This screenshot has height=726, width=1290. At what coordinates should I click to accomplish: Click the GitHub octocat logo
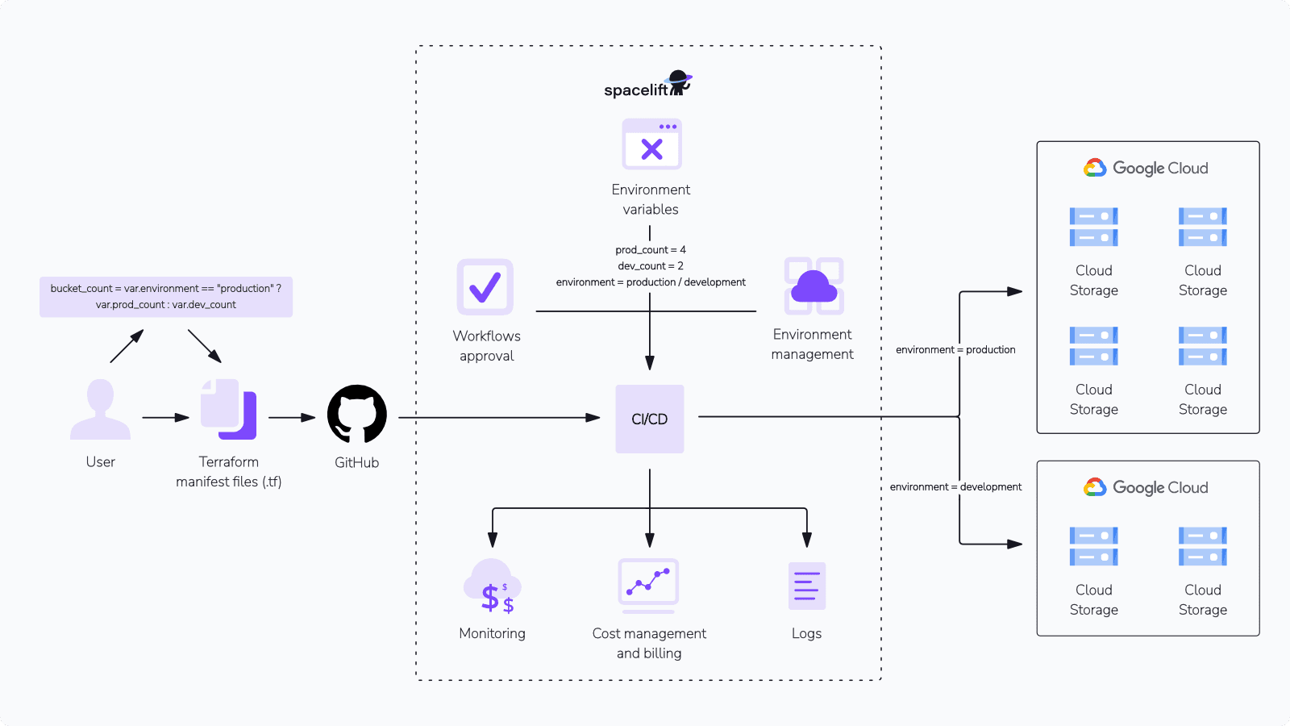pyautogui.click(x=356, y=414)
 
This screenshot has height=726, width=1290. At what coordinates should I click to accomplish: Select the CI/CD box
pyautogui.click(x=649, y=419)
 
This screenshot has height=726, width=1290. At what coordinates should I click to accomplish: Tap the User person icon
pyautogui.click(x=100, y=409)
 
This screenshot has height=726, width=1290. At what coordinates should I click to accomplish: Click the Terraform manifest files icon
pyautogui.click(x=229, y=409)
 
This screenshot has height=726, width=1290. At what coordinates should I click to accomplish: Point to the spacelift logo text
pyautogui.click(x=636, y=90)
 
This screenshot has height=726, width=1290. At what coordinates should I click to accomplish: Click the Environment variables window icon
pyautogui.click(x=651, y=144)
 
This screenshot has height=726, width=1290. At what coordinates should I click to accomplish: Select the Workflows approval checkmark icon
pyautogui.click(x=485, y=286)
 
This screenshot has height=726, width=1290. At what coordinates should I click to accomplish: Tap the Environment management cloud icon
pyautogui.click(x=814, y=286)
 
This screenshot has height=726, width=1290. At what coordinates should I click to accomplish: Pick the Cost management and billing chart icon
pyautogui.click(x=648, y=582)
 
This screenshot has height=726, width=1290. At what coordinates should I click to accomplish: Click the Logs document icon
pyautogui.click(x=806, y=586)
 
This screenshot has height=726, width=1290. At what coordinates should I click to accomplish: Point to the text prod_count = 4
pyautogui.click(x=651, y=250)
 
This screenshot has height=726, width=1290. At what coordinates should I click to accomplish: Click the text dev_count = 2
pyautogui.click(x=651, y=266)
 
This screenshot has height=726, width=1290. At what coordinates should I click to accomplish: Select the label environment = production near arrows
pyautogui.click(x=955, y=350)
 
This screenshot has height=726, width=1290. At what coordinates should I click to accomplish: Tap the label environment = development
pyautogui.click(x=955, y=487)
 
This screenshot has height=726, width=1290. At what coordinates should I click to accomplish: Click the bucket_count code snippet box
pyautogui.click(x=166, y=297)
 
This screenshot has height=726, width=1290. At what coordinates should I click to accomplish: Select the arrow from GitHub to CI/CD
pyautogui.click(x=500, y=418)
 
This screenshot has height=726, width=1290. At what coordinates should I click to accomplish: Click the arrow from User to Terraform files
pyautogui.click(x=165, y=418)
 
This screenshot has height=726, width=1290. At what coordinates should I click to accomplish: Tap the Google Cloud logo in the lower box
pyautogui.click(x=1146, y=487)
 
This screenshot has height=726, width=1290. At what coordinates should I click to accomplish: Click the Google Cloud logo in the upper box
pyautogui.click(x=1146, y=168)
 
